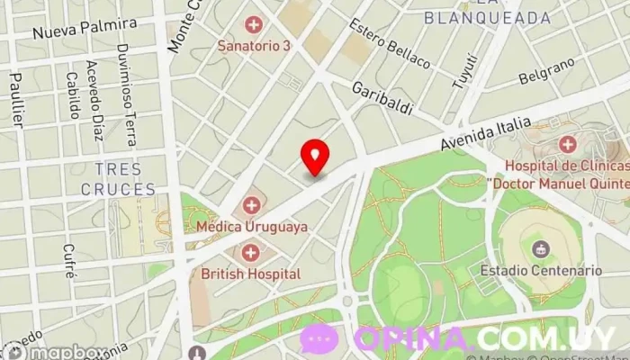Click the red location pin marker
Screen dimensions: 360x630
(x=314, y=157)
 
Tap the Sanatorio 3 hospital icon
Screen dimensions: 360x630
(x=254, y=24)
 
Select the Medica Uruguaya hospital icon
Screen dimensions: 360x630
(x=251, y=205)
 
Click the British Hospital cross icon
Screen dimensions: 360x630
(x=250, y=252)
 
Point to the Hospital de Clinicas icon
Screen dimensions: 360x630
(x=567, y=144)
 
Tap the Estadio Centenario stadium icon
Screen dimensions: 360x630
(x=541, y=248)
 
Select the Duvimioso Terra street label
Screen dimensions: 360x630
(x=128, y=94)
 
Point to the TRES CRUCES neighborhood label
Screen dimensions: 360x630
(x=118, y=179)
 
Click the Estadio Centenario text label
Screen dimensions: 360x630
(x=541, y=270)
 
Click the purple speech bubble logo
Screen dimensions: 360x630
(x=319, y=339)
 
